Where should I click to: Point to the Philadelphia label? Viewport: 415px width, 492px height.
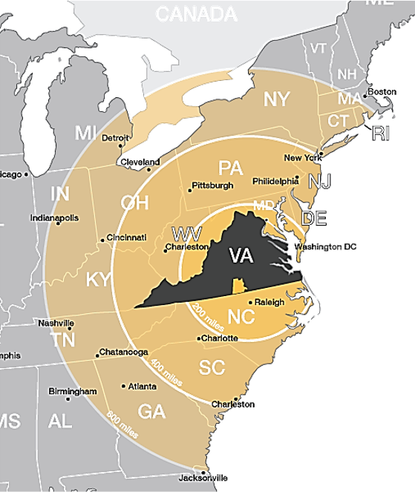pos(274,180)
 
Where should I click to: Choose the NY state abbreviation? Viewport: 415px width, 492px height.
pos(277,99)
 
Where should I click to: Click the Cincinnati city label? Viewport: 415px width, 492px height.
pos(127,237)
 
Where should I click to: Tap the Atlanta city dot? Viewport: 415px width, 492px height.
pos(124,386)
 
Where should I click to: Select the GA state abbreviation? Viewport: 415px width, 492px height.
pos(151,410)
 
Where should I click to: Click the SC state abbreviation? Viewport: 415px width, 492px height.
pos(212,367)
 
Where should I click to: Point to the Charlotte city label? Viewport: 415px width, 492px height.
pos(220,338)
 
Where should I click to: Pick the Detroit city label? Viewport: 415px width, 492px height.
pos(115,138)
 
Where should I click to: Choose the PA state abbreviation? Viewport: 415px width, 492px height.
pos(230,167)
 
